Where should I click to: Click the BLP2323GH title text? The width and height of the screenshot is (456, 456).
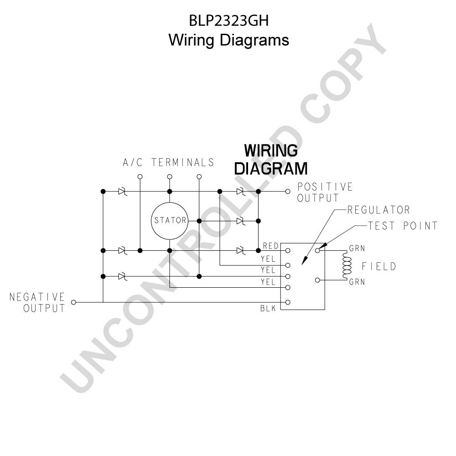pyautogui.click(x=228, y=21)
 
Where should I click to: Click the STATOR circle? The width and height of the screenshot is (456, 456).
pyautogui.click(x=170, y=203)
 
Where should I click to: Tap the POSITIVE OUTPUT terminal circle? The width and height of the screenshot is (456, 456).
pyautogui.click(x=288, y=192)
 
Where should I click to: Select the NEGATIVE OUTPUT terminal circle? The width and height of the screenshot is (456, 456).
pyautogui.click(x=73, y=302)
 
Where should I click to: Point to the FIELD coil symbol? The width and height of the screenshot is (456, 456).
pyautogui.click(x=347, y=265)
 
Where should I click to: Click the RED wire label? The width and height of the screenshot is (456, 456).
pyautogui.click(x=271, y=246)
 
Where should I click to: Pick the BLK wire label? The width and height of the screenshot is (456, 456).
pyautogui.click(x=268, y=308)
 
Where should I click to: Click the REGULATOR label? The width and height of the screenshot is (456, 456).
pyautogui.click(x=378, y=210)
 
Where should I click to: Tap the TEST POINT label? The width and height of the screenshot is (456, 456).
pyautogui.click(x=403, y=226)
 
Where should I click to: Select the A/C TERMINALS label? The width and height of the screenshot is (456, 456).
pyautogui.click(x=168, y=162)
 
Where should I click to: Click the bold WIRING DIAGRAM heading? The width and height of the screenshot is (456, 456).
pyautogui.click(x=271, y=160)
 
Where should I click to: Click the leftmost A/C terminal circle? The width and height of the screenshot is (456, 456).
pyautogui.click(x=140, y=176)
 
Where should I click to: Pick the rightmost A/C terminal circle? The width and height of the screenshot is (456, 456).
pyautogui.click(x=199, y=176)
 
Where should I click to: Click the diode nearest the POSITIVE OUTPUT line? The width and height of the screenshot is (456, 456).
pyautogui.click(x=240, y=192)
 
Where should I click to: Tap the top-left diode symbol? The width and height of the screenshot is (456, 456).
pyautogui.click(x=122, y=192)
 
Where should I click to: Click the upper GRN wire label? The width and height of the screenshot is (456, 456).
pyautogui.click(x=357, y=249)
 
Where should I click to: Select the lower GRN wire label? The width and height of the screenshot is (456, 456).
pyautogui.click(x=357, y=282)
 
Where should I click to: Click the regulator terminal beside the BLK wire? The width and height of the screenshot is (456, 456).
pyautogui.click(x=288, y=302)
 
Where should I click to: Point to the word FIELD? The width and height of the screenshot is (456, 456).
pyautogui.click(x=379, y=266)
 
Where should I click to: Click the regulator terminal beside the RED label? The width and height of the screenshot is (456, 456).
pyautogui.click(x=288, y=250)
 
